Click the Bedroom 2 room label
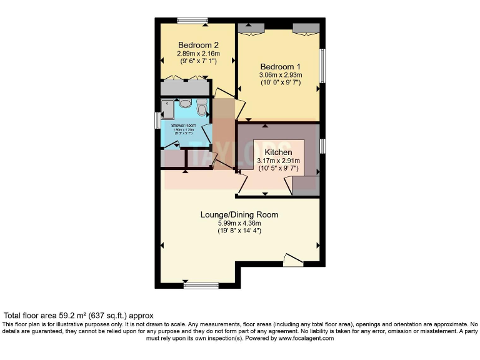[x=198, y=45]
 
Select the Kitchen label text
[x=278, y=152]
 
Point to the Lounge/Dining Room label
[x=239, y=214]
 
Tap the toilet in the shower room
[x=201, y=110]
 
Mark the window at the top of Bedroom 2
[x=192, y=21]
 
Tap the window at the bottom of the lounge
[x=201, y=286]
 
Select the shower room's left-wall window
[x=157, y=120]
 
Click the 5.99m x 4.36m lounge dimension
[x=239, y=223]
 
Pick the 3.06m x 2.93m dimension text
[x=281, y=75]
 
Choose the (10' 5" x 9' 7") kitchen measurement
[x=278, y=169]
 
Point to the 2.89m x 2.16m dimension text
[x=198, y=54]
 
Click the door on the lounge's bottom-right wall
[x=292, y=259]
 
